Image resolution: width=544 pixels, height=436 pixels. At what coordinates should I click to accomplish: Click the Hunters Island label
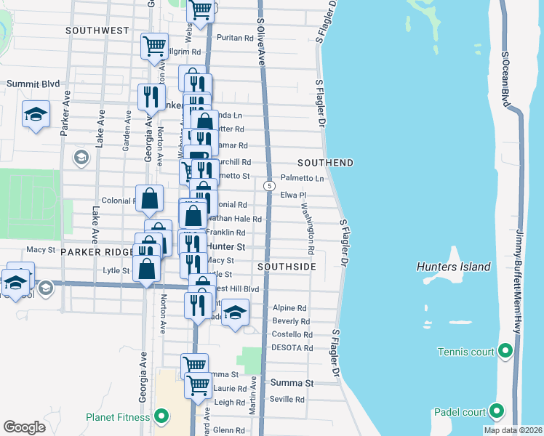click(454, 267)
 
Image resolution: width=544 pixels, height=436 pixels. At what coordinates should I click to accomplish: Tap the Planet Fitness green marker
click(161, 417)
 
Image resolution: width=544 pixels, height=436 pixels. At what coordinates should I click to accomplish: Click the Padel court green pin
click(497, 412)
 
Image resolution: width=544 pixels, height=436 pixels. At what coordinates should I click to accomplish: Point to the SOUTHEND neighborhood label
click(325, 162)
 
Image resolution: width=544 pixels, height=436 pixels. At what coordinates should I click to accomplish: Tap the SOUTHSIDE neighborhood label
click(287, 267)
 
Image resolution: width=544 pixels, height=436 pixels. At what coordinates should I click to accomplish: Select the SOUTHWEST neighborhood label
click(97, 31)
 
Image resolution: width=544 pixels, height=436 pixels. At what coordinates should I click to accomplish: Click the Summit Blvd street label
click(33, 84)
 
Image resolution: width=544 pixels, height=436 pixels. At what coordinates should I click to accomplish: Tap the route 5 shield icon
click(270, 186)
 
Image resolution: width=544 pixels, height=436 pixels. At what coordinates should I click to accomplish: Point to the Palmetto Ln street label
click(303, 177)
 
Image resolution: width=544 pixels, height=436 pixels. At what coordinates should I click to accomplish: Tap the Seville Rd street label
click(287, 399)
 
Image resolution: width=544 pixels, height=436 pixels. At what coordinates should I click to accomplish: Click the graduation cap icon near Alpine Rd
click(235, 312)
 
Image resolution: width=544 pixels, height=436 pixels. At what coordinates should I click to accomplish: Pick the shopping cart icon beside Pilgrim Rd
click(155, 46)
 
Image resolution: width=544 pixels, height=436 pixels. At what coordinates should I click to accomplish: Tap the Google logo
click(24, 427)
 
